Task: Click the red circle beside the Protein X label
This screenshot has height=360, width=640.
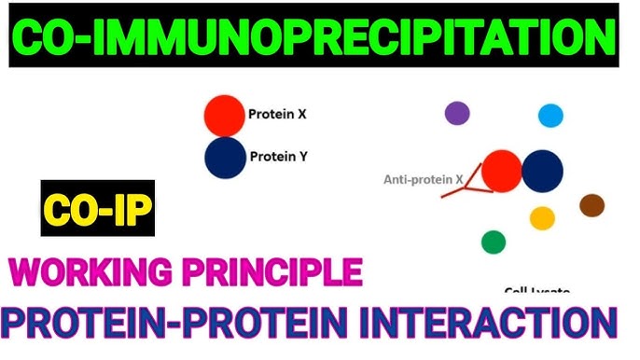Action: (x=224, y=116)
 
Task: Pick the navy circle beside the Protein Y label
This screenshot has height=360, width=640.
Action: (x=224, y=157)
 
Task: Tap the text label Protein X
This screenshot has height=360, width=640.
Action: (x=277, y=117)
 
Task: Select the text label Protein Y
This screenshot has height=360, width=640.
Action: (x=277, y=157)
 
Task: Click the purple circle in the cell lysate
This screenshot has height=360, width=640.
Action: (x=456, y=114)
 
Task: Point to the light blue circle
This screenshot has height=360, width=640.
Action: (x=550, y=116)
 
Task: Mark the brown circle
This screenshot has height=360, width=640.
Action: (x=591, y=205)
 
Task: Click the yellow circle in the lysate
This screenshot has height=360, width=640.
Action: (x=542, y=218)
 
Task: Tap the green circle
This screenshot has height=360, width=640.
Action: (x=494, y=242)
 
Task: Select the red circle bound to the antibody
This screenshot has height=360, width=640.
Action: (x=501, y=171)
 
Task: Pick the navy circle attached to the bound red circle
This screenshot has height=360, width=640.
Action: (x=542, y=171)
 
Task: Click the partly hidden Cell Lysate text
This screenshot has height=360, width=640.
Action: (x=536, y=291)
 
